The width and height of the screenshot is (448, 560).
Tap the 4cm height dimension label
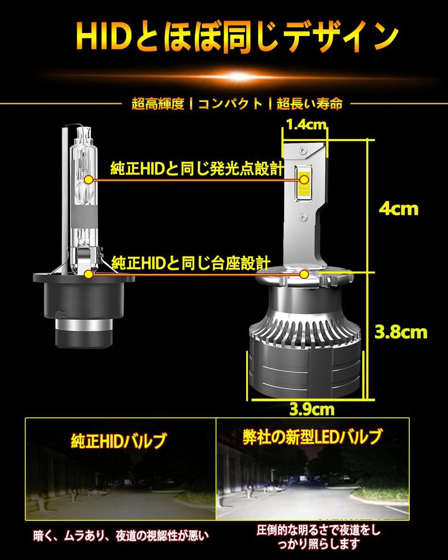[398, 208]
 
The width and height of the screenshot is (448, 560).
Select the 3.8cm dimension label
[400, 331]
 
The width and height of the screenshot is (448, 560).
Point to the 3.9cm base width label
[313, 408]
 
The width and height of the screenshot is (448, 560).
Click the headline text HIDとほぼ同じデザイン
[236, 37]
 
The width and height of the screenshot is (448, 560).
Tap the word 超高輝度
[158, 103]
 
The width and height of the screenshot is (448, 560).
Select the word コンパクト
[230, 103]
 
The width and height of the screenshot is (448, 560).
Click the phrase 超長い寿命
[310, 103]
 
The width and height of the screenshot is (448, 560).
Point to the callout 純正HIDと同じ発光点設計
[197, 168]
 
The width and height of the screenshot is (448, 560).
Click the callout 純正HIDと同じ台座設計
[191, 262]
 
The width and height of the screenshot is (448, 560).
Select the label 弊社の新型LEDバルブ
[312, 437]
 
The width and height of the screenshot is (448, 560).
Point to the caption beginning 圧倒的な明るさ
[318, 536]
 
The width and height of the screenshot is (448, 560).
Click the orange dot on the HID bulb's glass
[89, 179]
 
